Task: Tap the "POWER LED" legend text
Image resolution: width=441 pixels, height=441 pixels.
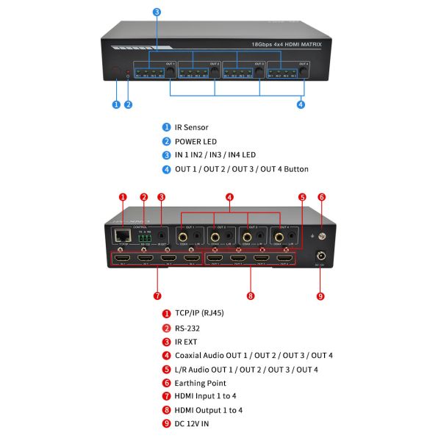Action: [196, 141]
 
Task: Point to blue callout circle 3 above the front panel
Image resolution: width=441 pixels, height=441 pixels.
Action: [157, 12]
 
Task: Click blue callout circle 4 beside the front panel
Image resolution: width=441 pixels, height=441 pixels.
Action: [301, 104]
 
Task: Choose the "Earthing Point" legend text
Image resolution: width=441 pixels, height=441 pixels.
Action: [200, 383]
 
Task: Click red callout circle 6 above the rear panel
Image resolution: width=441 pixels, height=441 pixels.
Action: [321, 197]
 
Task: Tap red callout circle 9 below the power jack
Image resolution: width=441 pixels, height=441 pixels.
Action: [320, 296]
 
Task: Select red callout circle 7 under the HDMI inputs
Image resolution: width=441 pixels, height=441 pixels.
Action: [157, 296]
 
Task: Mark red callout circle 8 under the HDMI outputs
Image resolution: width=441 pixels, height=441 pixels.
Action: [251, 296]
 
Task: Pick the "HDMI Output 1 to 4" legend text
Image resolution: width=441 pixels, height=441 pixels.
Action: [208, 410]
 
